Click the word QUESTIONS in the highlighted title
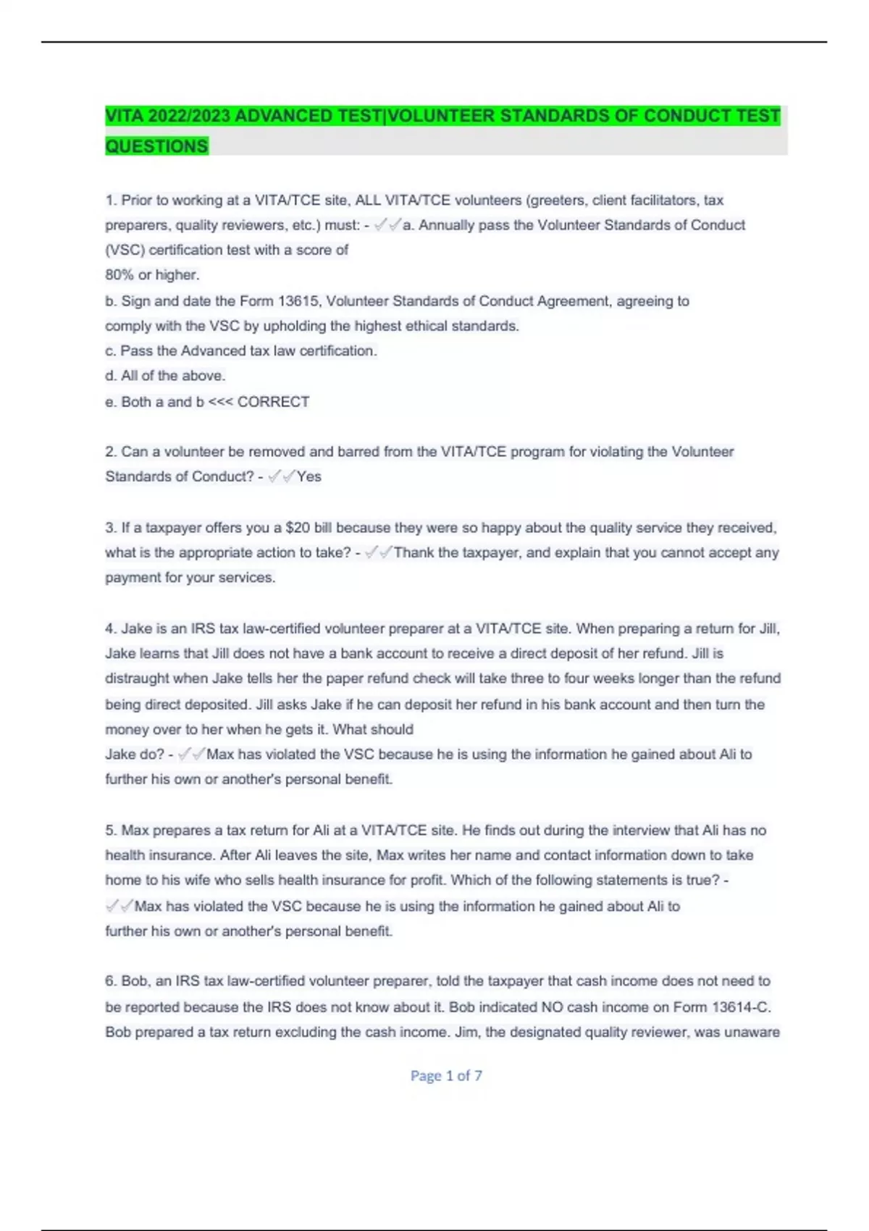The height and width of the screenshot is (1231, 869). (x=156, y=146)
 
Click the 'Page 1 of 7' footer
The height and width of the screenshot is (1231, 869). (x=446, y=1076)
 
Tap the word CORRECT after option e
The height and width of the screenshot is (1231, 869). (x=273, y=402)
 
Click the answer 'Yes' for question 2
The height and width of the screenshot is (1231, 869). (x=309, y=476)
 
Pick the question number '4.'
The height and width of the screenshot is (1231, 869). (x=111, y=629)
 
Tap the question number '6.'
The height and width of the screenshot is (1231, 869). (x=111, y=981)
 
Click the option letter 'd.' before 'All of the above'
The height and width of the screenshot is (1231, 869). (x=111, y=376)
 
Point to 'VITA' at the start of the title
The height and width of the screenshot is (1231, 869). (x=124, y=116)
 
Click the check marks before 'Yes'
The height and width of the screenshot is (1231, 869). (x=281, y=476)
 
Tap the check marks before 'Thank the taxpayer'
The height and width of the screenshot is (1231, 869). (x=378, y=553)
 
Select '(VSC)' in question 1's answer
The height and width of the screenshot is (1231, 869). (x=125, y=250)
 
